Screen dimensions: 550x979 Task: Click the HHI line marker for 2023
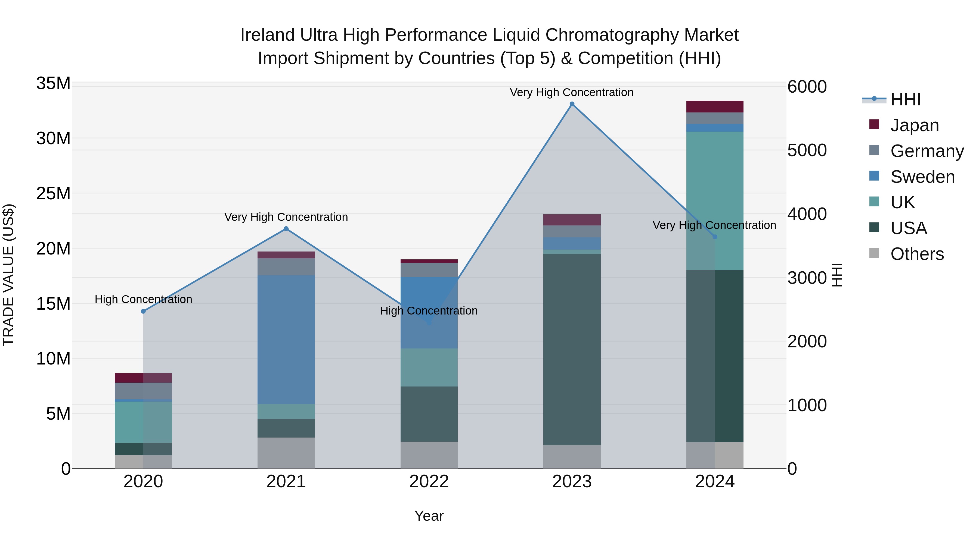pos(572,104)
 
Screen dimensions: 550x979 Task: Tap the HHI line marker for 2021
pos(286,228)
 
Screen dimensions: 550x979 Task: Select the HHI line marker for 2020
pos(143,311)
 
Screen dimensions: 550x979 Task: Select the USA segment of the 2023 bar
pos(572,349)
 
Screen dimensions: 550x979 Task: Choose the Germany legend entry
pos(927,151)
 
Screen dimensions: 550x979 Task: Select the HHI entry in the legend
pos(905,99)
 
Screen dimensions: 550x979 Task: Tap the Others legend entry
pos(917,254)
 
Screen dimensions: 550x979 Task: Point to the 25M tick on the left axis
pos(53,194)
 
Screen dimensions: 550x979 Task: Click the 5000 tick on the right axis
pos(807,150)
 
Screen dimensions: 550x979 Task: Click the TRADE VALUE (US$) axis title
pos(8,275)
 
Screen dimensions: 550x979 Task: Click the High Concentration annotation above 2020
pos(143,300)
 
